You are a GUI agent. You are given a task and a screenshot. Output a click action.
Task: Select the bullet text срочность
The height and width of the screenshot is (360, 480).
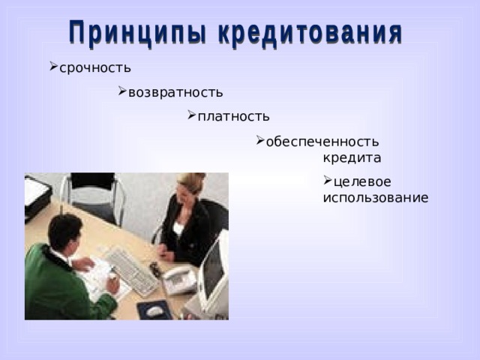click(x=94, y=67)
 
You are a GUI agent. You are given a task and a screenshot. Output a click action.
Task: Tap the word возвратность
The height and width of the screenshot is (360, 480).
click(x=175, y=92)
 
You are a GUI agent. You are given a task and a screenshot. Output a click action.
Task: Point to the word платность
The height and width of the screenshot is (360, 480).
click(x=233, y=116)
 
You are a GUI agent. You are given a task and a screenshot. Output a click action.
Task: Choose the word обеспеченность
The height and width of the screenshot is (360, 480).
click(x=322, y=141)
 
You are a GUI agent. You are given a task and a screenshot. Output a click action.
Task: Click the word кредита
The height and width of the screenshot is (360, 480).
click(x=352, y=158)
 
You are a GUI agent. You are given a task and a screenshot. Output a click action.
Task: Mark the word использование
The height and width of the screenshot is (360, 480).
click(x=375, y=198)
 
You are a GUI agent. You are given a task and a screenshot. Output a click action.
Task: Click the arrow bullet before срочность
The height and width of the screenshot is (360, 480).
click(x=53, y=66)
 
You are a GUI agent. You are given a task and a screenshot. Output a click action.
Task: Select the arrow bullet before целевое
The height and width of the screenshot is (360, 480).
click(x=328, y=180)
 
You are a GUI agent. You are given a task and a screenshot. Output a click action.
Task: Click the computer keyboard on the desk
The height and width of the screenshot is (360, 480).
click(x=132, y=270)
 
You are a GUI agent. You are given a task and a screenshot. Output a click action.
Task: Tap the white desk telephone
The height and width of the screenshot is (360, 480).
click(x=179, y=280)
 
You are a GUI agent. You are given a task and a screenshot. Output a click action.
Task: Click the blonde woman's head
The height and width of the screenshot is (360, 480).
click(x=191, y=184)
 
